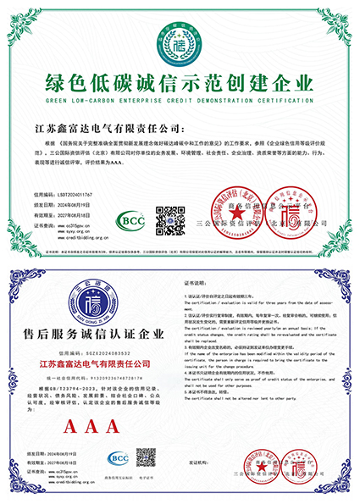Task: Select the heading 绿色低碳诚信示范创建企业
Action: click(180, 82)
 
